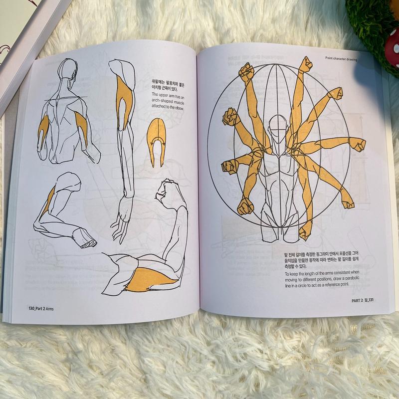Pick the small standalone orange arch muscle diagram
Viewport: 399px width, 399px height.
click(x=157, y=140)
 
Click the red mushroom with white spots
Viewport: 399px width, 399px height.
click(x=393, y=48)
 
